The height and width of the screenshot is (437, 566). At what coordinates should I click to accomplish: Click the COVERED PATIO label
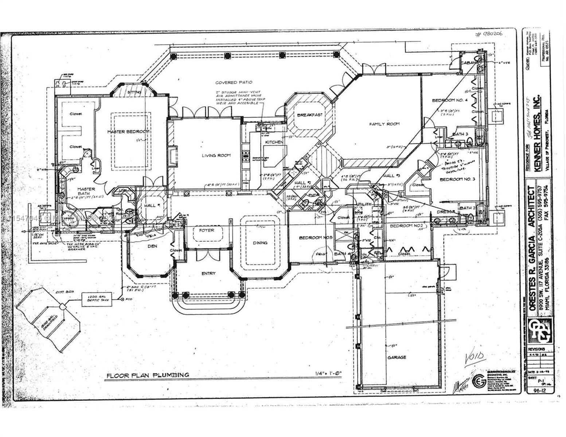pyautogui.click(x=234, y=82)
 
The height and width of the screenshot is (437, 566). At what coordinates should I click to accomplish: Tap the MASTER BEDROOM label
pyautogui.click(x=128, y=131)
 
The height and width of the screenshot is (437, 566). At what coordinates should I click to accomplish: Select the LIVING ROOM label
pyautogui.click(x=216, y=155)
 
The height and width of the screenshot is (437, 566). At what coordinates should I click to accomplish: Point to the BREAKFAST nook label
pyautogui.click(x=310, y=115)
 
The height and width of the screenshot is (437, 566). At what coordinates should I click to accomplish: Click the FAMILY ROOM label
pyautogui.click(x=384, y=124)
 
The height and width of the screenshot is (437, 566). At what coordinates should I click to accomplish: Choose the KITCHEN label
pyautogui.click(x=274, y=142)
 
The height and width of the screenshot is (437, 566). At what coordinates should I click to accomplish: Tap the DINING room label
pyautogui.click(x=260, y=243)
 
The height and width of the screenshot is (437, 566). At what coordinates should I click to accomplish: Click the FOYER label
pyautogui.click(x=206, y=230)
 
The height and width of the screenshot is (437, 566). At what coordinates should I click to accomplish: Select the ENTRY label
pyautogui.click(x=208, y=273)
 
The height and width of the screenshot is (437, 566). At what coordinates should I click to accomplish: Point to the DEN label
pyautogui.click(x=152, y=246)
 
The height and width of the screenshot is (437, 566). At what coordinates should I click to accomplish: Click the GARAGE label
pyautogui.click(x=397, y=357)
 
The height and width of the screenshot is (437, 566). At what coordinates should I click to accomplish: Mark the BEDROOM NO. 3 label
pyautogui.click(x=457, y=180)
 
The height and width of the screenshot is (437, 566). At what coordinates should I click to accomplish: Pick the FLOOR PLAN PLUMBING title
pyautogui.click(x=148, y=375)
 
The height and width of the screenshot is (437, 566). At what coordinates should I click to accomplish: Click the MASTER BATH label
pyautogui.click(x=86, y=191)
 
